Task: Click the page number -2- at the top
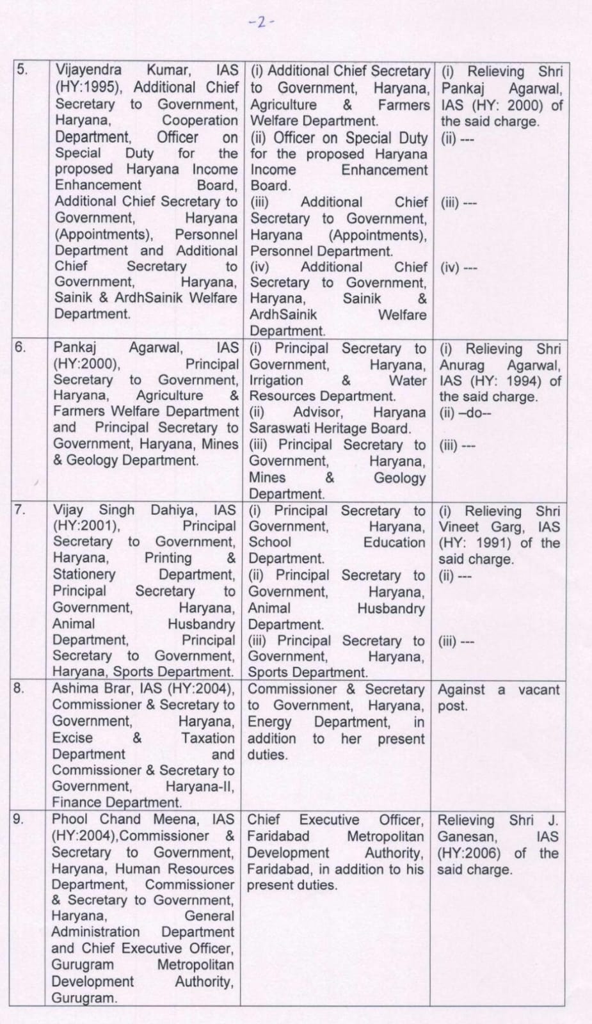[x=261, y=22]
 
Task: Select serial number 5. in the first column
[x=22, y=69]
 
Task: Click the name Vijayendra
[x=88, y=70]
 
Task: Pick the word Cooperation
[x=200, y=120]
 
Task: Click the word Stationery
[x=84, y=574]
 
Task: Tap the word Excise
[x=72, y=737]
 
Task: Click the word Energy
[x=269, y=722]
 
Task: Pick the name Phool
[x=69, y=819]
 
